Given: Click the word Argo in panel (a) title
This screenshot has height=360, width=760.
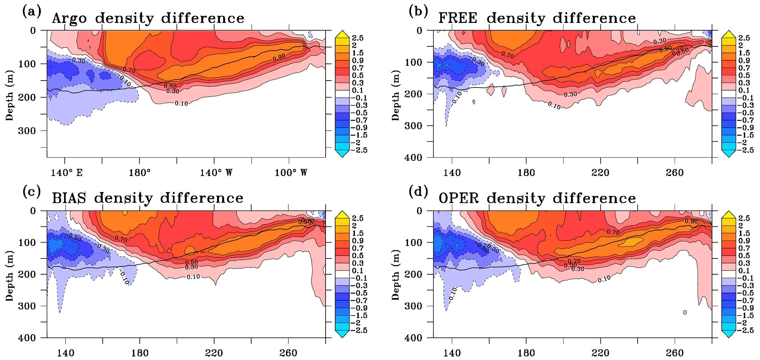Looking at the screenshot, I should click(70, 18).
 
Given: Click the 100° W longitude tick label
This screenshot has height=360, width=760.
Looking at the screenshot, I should click(291, 173).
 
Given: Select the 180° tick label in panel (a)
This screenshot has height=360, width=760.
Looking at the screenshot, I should click(140, 173).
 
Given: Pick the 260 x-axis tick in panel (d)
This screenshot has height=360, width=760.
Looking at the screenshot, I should click(675, 353).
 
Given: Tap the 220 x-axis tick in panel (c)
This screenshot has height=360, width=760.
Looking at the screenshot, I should click(214, 353).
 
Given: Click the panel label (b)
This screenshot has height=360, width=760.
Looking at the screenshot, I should click(419, 12).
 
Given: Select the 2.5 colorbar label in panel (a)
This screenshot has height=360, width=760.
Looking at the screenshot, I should click(358, 38).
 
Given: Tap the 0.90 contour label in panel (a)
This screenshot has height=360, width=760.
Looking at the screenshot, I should click(279, 58).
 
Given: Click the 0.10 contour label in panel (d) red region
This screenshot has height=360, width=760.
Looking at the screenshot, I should click(604, 279).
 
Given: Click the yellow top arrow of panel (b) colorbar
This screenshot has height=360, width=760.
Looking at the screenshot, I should click(728, 34).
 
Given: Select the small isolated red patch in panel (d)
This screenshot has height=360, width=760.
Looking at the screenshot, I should click(685, 312).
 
